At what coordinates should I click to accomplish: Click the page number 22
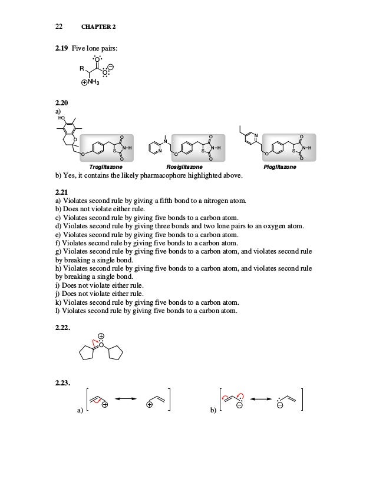point(59,26)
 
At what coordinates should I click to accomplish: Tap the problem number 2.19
point(61,48)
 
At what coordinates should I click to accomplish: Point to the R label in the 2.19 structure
point(83,69)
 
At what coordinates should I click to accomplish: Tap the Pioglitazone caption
point(280,167)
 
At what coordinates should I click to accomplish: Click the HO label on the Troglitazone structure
point(61,118)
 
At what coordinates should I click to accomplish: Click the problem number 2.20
point(61,104)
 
